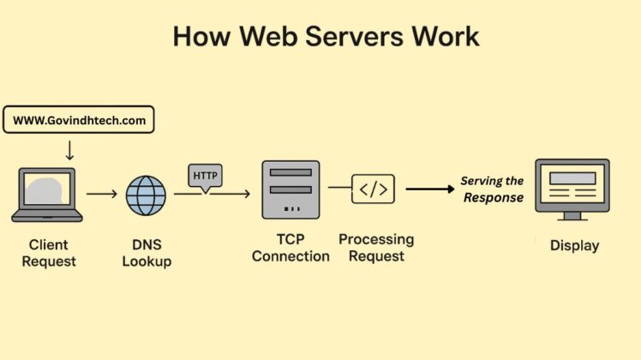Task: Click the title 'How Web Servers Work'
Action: coord(326,36)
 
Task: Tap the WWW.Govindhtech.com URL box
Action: coord(78,120)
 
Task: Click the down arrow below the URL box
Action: coord(69,149)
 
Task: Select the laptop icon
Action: coord(46,195)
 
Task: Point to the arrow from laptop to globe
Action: coord(101,195)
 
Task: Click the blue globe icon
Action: coord(146,195)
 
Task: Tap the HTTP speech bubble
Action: coord(206,176)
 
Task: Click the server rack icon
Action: coord(291,189)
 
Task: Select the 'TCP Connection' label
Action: coord(291,249)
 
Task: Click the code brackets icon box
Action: coord(373,189)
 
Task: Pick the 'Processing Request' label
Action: coord(376,247)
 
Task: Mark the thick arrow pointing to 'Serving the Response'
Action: coord(428,189)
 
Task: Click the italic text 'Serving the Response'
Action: coord(492,189)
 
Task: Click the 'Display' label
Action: coord(574,246)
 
